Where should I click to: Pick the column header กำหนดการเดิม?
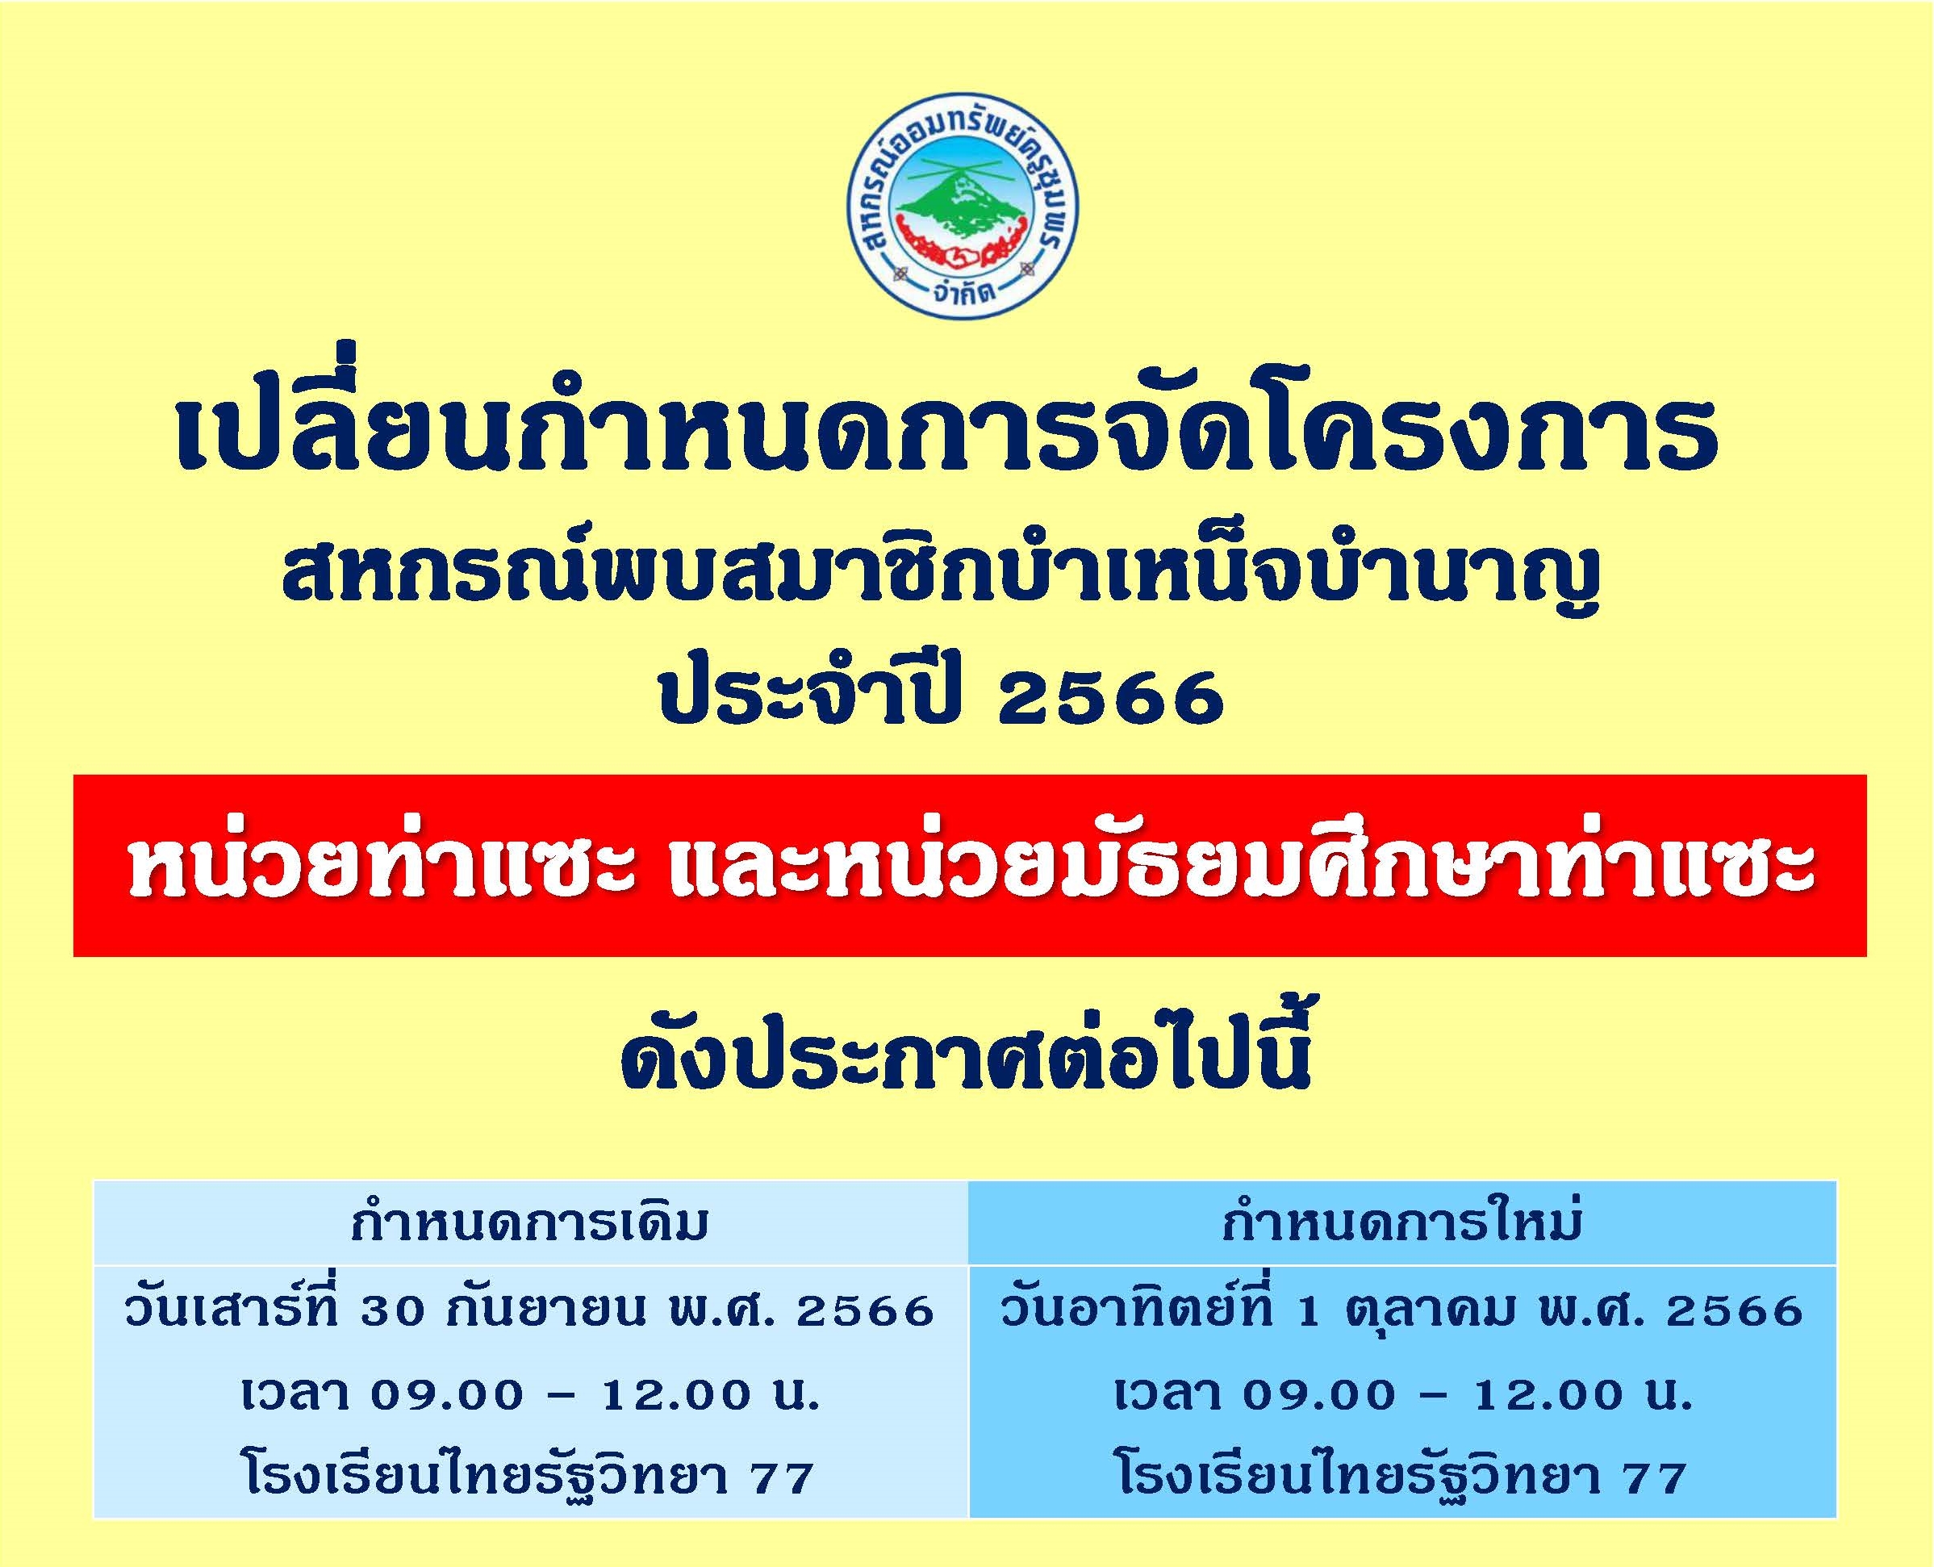(530, 1224)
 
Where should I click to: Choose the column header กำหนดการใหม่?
(1401, 1223)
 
